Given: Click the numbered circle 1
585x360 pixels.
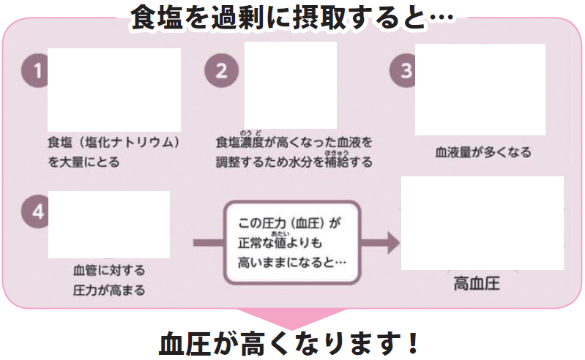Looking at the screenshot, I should pos(34,72).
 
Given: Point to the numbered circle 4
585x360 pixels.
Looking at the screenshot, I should pos(34,212).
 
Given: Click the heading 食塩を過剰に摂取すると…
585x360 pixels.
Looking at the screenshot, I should pos(291,17).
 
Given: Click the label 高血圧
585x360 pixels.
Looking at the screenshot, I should pos(477,283).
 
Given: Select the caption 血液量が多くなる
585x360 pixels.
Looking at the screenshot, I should pos(483,153).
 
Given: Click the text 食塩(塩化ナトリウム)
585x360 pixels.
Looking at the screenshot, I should pos(113,140).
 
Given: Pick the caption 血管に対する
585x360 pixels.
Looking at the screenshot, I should pos(109,269).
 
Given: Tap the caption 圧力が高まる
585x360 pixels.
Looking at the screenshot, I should pos(109,290).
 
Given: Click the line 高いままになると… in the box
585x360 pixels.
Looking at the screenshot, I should pos(292,260).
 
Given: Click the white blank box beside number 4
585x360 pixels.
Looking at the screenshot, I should pos(108,224).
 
